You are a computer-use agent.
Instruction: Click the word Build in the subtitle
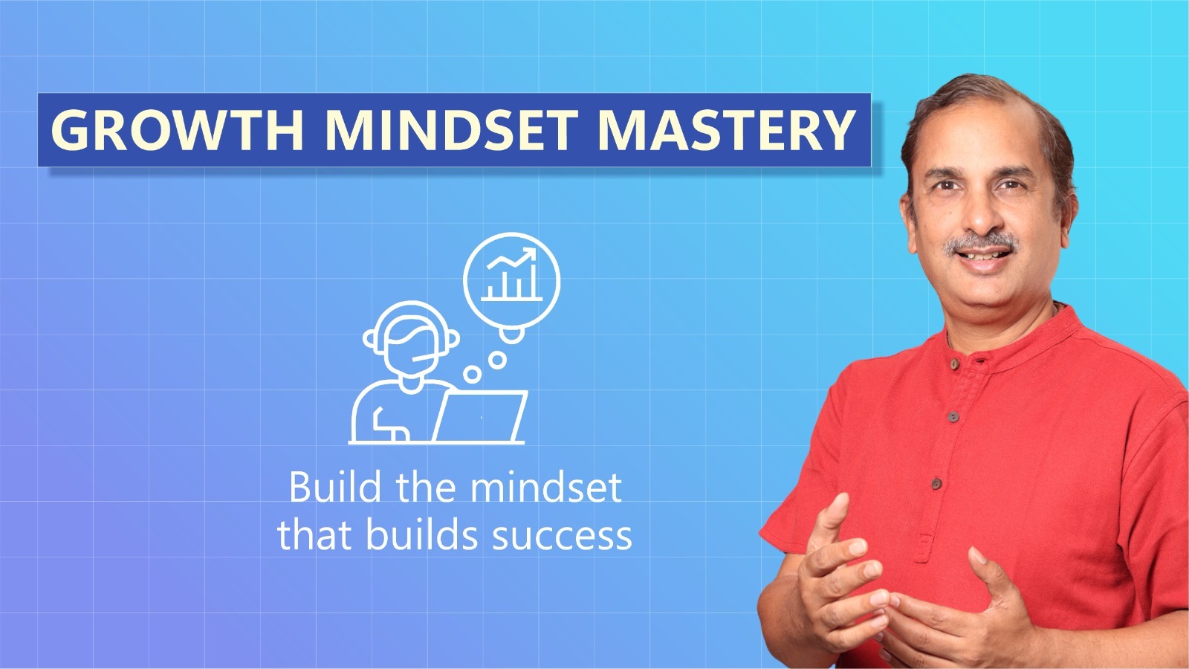pos(335,486)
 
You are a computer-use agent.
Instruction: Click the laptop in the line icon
pos(480,417)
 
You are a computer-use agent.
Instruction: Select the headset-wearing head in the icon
pos(412,339)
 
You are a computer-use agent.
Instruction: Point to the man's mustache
pos(982,244)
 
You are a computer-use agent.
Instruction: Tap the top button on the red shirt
pos(955,363)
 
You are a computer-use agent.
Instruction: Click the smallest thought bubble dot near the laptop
pos(471,374)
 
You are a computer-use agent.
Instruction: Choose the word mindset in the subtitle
pos(546,486)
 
